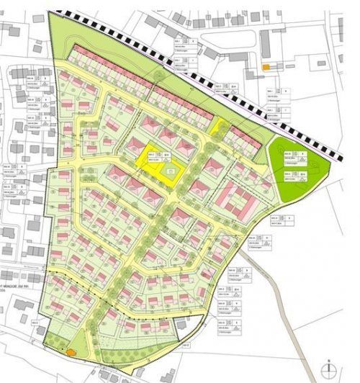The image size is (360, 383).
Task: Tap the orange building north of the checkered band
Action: click(266, 67)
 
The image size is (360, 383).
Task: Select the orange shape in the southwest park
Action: click(71, 351)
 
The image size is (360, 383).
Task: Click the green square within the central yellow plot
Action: click(171, 171)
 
